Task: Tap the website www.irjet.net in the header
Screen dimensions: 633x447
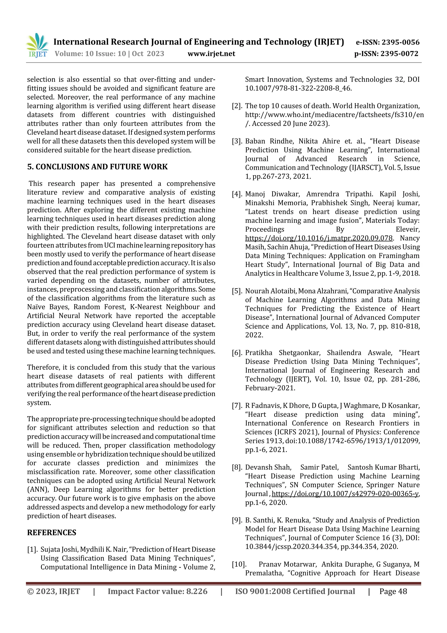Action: pyautogui.click(x=211, y=54)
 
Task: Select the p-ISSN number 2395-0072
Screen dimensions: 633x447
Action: pyautogui.click(x=399, y=54)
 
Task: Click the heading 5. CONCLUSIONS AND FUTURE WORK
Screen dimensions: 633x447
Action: pyautogui.click(x=97, y=167)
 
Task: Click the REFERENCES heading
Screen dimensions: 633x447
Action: pyautogui.click(x=52, y=532)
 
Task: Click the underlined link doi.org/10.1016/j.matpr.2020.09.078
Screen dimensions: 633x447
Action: pyautogui.click(x=319, y=238)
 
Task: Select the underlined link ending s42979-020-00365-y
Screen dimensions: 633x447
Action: pyautogui.click(x=345, y=494)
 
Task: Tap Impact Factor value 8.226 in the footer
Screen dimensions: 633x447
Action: pyautogui.click(x=157, y=591)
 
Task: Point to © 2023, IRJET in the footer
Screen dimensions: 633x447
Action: pyautogui.click(x=53, y=591)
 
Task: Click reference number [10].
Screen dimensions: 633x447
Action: pyautogui.click(x=239, y=564)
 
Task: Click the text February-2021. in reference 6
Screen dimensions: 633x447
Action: pyautogui.click(x=270, y=388)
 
